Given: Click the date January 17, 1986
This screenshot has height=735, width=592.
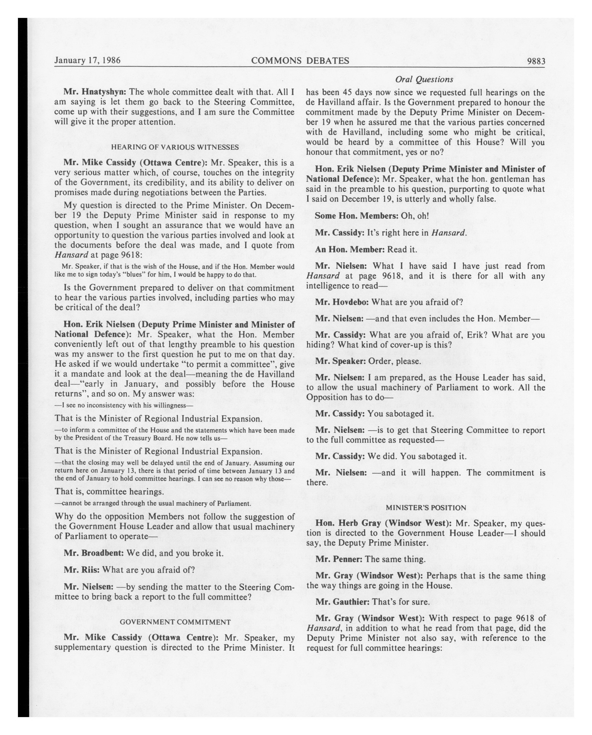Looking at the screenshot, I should (x=87, y=60).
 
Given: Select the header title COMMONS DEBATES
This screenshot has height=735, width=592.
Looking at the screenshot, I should (x=300, y=61).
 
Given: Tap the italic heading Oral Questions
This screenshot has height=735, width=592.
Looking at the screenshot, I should (x=424, y=79).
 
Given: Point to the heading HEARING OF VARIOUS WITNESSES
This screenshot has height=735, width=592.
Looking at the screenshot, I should (x=175, y=147).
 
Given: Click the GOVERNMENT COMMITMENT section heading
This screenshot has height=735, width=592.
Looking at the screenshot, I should (x=175, y=622).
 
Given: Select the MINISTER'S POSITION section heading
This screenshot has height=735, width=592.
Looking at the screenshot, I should (x=426, y=508).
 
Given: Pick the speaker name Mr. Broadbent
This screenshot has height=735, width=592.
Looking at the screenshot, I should (x=94, y=553).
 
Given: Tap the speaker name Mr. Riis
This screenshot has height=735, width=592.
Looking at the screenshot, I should (x=82, y=570).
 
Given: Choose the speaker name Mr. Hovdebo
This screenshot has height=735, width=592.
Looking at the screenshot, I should (x=342, y=302).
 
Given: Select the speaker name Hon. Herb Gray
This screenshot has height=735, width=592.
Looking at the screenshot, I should (x=348, y=523).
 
